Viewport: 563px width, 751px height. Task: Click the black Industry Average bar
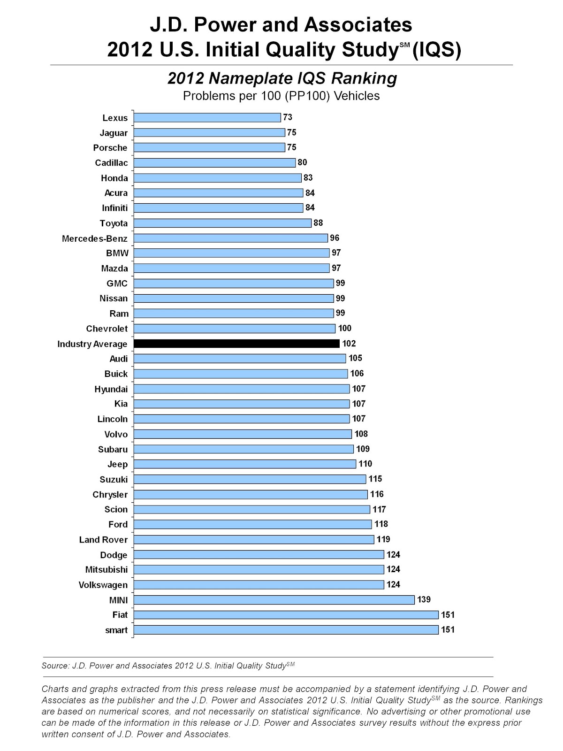coord(236,344)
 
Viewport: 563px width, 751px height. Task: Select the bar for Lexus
coord(207,117)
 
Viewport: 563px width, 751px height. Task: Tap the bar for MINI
coord(274,600)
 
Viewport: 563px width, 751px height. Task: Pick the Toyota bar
coord(222,223)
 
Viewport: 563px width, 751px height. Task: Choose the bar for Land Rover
coord(254,539)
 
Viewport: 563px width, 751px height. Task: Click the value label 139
coord(424,599)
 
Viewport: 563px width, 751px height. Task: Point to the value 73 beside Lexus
coord(288,117)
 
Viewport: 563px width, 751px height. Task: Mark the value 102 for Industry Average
coord(349,344)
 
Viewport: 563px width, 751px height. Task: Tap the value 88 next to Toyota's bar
coord(318,223)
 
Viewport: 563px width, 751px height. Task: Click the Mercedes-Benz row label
coord(95,238)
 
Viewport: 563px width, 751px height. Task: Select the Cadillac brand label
coord(111,163)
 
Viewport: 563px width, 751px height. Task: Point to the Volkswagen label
coord(103,585)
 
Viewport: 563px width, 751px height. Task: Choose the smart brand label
coord(116,630)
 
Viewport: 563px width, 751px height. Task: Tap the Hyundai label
coord(111,389)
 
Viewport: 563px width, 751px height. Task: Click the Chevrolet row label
coord(107,329)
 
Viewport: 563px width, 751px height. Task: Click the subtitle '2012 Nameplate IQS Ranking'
coord(282,78)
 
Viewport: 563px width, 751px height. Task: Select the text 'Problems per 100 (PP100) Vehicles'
coord(281,96)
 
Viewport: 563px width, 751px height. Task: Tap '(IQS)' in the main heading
coord(436,49)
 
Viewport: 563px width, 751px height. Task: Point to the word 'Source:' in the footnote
coord(55,666)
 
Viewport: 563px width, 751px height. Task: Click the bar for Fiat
coord(286,615)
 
